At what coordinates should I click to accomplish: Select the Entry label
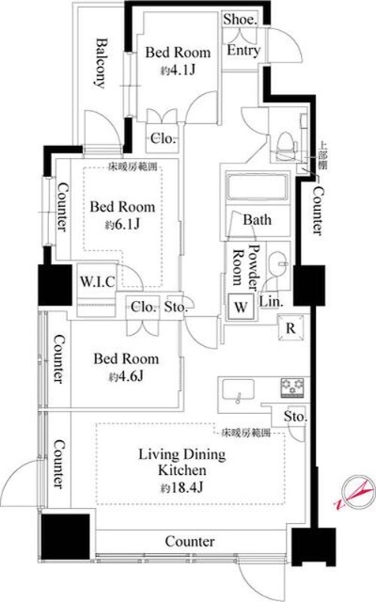click(x=243, y=51)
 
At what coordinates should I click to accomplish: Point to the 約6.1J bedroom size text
click(x=121, y=226)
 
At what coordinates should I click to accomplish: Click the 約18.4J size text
click(x=177, y=488)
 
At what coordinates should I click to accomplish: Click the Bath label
click(x=257, y=220)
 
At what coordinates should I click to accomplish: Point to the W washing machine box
click(x=241, y=307)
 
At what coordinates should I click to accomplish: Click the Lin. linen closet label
click(x=270, y=303)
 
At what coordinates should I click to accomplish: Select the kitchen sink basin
click(x=235, y=388)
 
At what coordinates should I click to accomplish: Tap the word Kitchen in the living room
click(x=176, y=472)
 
